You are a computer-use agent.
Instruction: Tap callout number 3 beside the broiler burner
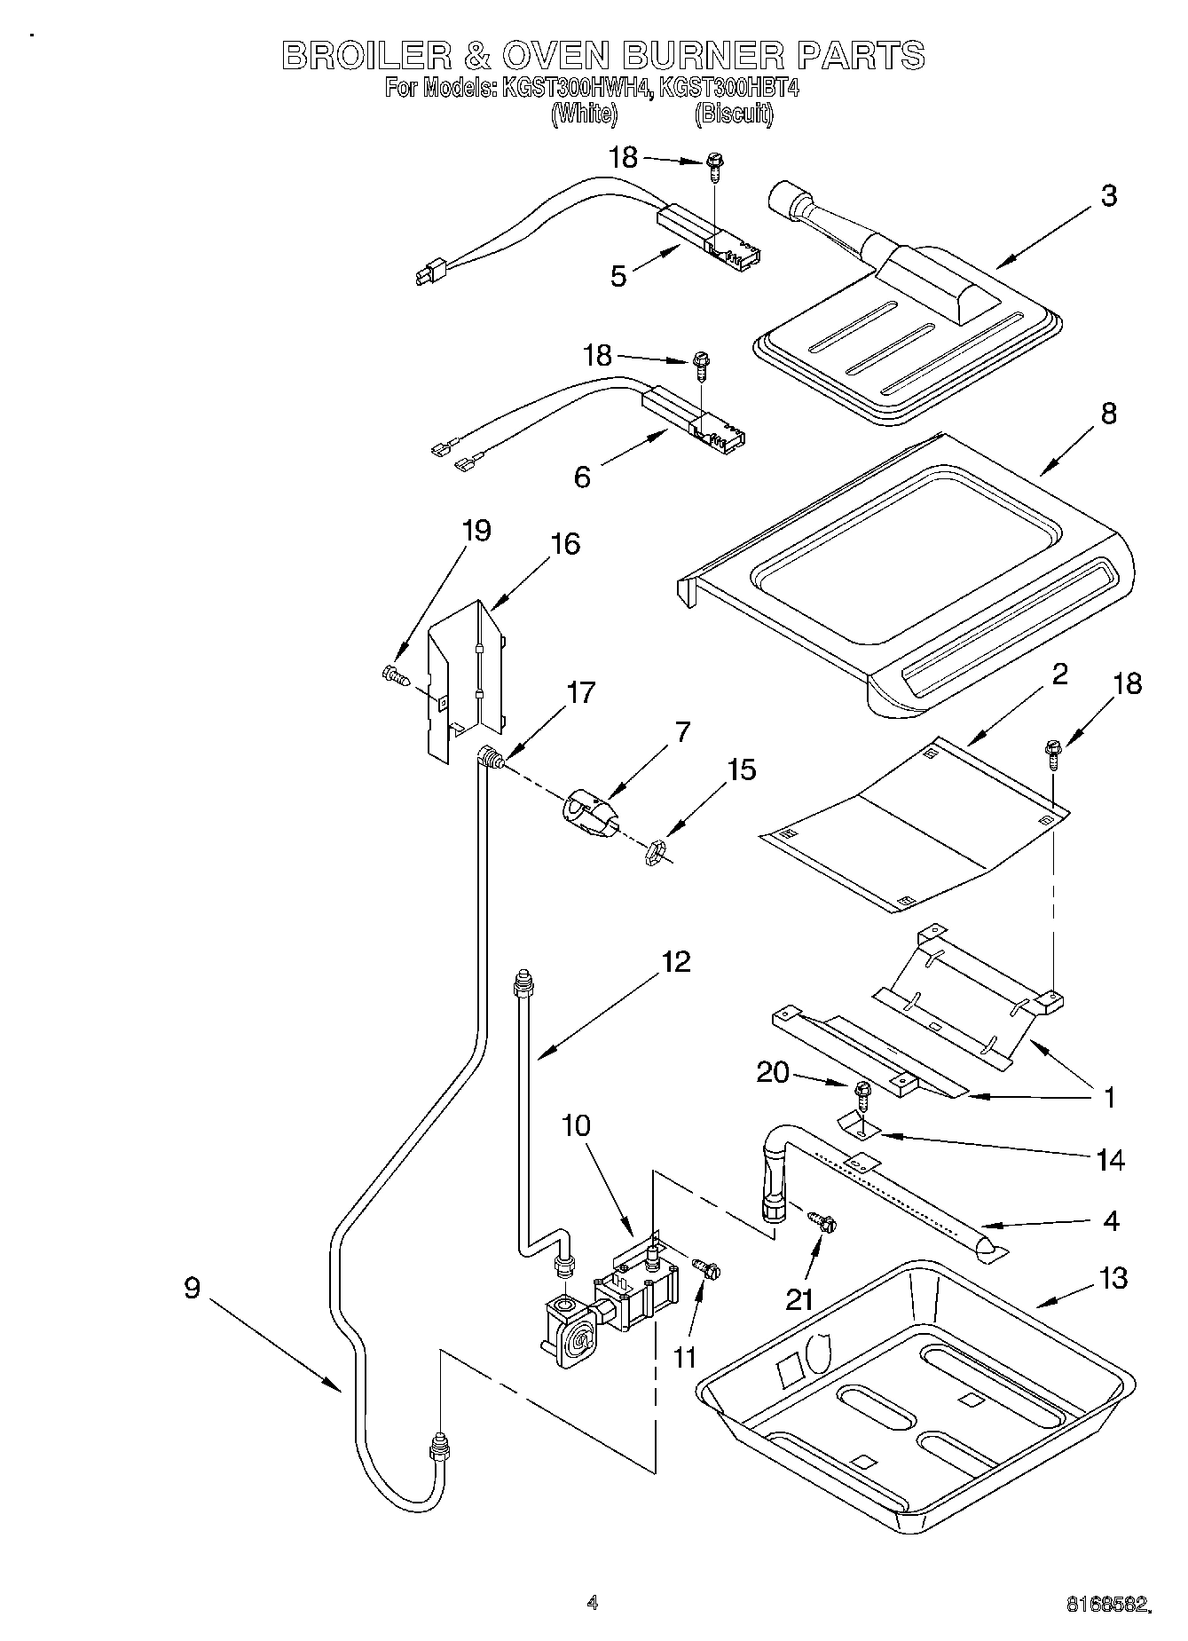coord(1108,196)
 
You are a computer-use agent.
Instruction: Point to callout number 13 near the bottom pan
coord(1112,1278)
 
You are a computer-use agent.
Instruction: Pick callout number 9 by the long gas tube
coord(193,1288)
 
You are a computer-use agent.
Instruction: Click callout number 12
coord(675,961)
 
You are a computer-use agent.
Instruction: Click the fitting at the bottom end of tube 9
coord(438,1449)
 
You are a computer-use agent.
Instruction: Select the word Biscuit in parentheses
coord(734,114)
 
